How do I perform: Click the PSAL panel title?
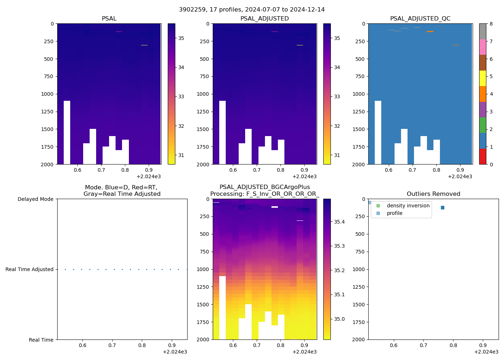[x=109, y=19]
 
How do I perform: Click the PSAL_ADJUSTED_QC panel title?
[x=420, y=19]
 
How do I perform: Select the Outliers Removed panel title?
[x=433, y=194]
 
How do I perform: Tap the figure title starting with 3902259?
[x=252, y=10]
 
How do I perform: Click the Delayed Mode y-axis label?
[x=35, y=199]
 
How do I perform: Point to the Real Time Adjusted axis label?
[x=29, y=269]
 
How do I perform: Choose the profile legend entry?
[x=394, y=213]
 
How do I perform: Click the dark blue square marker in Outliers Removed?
[x=442, y=208]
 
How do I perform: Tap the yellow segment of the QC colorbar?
[x=482, y=78]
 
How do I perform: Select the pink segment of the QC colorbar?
[x=482, y=47]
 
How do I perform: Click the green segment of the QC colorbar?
[x=482, y=125]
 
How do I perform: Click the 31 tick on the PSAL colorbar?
[x=181, y=155]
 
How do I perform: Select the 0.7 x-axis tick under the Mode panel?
[x=112, y=345]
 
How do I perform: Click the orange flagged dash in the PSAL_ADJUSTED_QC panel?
[x=430, y=32]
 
